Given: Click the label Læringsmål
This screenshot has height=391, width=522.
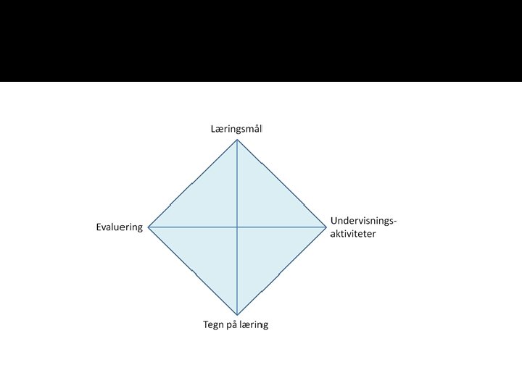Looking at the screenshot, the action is (x=236, y=129).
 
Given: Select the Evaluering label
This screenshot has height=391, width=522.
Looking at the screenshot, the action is (x=120, y=227).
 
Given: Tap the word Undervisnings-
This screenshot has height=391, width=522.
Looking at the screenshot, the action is (x=364, y=220).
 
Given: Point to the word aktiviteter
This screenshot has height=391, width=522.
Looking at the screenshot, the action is (x=354, y=234).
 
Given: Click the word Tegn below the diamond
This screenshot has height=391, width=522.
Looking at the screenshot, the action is (x=214, y=324).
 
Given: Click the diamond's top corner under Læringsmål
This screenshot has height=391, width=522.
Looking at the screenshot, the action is (x=237, y=140).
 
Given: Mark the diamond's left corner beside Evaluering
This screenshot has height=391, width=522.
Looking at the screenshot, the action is (x=149, y=227).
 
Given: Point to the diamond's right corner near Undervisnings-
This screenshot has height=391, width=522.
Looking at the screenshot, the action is (x=326, y=227).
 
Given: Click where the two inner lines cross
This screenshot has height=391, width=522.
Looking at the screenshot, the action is (x=237, y=227).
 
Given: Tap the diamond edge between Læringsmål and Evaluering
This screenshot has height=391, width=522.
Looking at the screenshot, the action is (x=193, y=183).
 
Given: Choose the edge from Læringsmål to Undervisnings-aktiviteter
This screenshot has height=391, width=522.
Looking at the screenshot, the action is (x=282, y=184).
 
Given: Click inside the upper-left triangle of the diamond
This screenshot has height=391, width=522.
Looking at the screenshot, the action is (x=210, y=203).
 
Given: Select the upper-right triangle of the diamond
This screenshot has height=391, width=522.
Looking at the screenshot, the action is (x=265, y=203).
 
